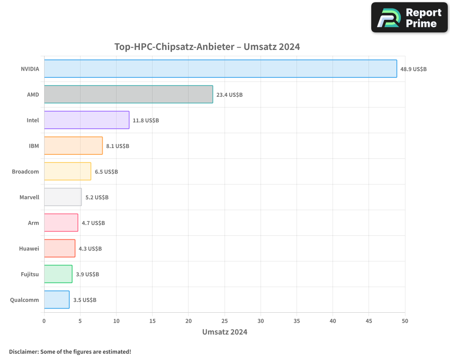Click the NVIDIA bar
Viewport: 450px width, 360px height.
click(220, 69)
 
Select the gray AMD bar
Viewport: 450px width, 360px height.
click(128, 94)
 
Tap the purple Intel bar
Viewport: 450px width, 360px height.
click(86, 120)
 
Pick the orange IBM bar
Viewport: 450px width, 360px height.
click(73, 146)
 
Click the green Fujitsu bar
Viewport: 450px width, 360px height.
click(58, 274)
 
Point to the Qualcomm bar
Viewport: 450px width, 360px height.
click(57, 300)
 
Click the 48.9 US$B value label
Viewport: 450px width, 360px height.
click(414, 69)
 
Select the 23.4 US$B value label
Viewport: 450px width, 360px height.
click(229, 95)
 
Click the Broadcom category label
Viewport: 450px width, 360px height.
click(25, 172)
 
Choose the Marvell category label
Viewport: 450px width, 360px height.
click(29, 198)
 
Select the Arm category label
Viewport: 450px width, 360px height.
click(33, 223)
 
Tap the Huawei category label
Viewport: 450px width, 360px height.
click(29, 249)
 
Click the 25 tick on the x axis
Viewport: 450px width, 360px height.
click(225, 321)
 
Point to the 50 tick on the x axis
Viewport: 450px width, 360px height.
click(405, 321)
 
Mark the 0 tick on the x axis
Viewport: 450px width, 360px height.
click(44, 321)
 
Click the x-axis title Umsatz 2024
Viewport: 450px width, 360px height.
click(225, 333)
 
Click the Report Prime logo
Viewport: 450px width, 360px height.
click(409, 18)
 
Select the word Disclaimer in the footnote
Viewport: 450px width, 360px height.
click(23, 352)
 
